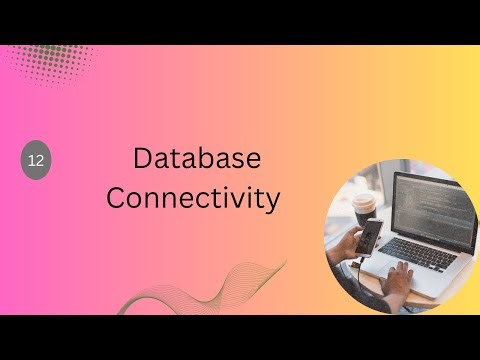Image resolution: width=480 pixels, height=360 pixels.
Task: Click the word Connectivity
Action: point(193,197)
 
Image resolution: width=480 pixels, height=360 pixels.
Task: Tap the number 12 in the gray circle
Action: point(36,160)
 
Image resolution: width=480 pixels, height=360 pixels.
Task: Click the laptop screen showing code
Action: point(429,209)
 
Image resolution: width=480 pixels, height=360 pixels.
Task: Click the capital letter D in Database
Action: point(143,158)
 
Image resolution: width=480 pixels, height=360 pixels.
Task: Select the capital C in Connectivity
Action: point(117,197)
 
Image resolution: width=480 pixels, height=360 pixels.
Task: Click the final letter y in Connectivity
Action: point(272,200)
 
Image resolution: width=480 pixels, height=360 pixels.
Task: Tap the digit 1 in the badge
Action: point(32,160)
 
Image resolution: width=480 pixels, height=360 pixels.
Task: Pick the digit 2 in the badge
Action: point(40,160)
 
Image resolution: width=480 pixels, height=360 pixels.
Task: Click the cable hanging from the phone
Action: point(357,268)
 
